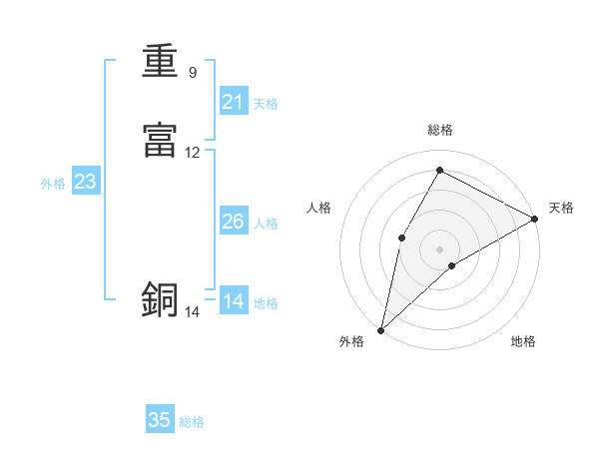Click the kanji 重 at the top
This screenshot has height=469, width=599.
pos(160,63)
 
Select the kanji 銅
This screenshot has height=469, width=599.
pos(160,298)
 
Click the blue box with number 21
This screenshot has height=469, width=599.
pos(234,101)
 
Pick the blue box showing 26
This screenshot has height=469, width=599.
pos(234,222)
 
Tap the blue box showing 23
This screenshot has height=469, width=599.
pos(85,182)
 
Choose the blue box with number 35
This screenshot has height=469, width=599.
pos(160,420)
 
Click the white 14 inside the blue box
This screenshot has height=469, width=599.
pos(234,301)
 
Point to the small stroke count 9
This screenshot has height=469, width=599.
pos(193,73)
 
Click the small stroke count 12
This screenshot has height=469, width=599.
pos(193,153)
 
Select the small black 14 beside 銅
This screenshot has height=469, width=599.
pos(193,312)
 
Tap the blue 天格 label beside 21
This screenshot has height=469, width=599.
pos(266,103)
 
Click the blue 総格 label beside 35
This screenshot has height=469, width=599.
pos(192,422)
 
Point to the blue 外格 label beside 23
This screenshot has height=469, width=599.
pos(53,184)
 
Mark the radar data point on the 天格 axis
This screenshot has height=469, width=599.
pos(534,219)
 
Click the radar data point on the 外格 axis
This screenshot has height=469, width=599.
pos(380,329)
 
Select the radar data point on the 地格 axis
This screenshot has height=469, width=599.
pos(452,265)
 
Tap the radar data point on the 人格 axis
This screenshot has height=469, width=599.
pos(401,236)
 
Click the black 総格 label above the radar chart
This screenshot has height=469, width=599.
pos(439,131)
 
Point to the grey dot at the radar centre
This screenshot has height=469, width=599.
pos(439,248)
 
